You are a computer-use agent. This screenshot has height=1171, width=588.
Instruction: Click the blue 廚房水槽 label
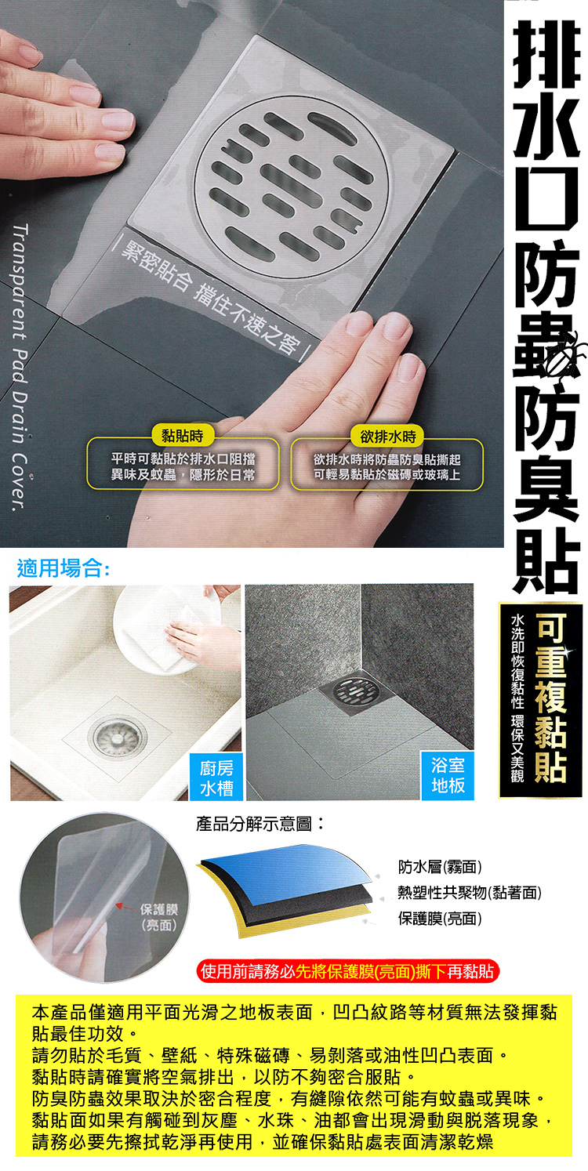(x=216, y=777)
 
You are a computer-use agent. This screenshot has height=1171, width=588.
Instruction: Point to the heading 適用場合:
(x=64, y=568)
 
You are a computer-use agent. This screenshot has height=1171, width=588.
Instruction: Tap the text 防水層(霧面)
(x=440, y=867)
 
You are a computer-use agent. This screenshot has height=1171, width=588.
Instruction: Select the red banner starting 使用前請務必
(x=347, y=973)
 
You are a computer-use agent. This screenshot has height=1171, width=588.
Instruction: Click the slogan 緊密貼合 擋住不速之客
(x=212, y=291)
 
